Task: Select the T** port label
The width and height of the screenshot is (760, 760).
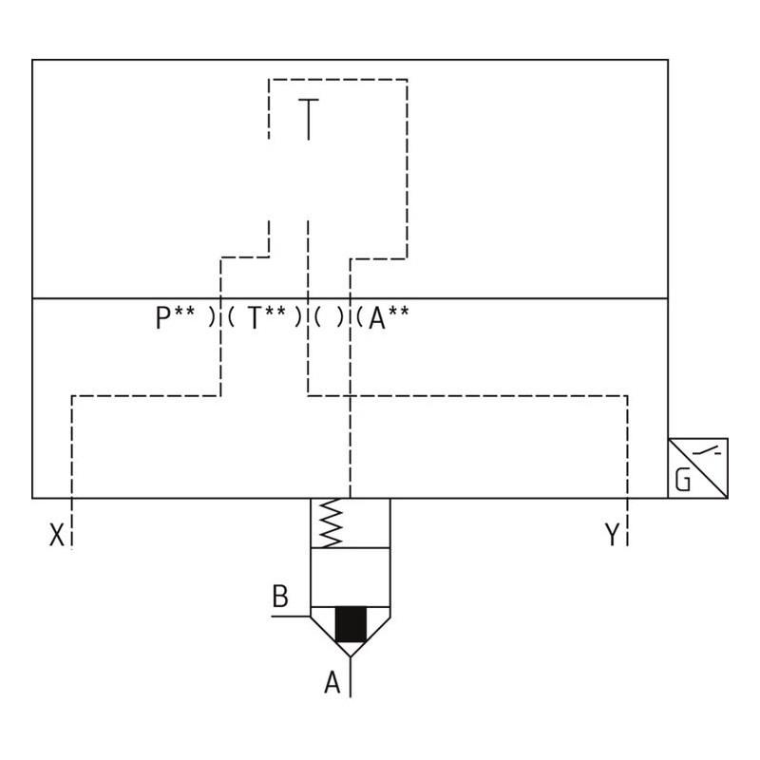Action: click(x=268, y=317)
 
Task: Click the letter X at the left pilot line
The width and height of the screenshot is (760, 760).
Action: click(x=56, y=537)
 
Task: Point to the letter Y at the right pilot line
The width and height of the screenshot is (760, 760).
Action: click(x=612, y=537)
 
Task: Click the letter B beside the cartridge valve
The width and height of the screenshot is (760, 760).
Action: click(x=280, y=597)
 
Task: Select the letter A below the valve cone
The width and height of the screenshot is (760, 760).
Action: click(x=332, y=682)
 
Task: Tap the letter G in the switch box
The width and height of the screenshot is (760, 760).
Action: click(x=682, y=481)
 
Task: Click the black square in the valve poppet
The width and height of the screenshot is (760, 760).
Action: click(x=351, y=624)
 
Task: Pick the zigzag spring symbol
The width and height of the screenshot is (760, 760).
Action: click(x=330, y=523)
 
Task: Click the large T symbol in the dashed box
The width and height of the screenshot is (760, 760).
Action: click(x=308, y=119)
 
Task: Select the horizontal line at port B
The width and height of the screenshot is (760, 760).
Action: click(x=290, y=616)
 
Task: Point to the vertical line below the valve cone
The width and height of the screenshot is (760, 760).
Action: click(x=351, y=676)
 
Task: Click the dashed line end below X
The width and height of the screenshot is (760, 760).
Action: click(x=72, y=543)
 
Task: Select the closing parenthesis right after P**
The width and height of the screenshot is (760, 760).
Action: click(x=211, y=317)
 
